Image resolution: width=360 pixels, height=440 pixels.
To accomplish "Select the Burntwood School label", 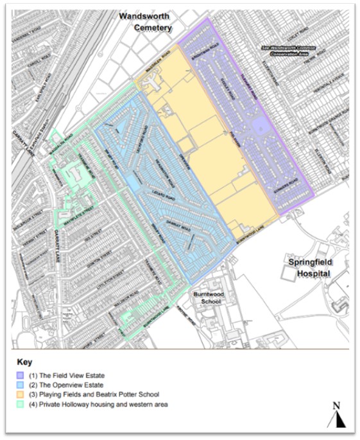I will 207,297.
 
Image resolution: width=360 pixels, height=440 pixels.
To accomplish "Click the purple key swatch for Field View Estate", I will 21,375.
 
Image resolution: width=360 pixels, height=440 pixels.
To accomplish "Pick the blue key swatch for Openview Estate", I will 21,385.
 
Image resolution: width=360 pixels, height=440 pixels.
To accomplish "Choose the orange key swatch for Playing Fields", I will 21,394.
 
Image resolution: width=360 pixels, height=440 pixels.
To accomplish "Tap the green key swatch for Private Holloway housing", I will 21,404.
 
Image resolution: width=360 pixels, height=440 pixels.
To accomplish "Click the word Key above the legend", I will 24,362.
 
